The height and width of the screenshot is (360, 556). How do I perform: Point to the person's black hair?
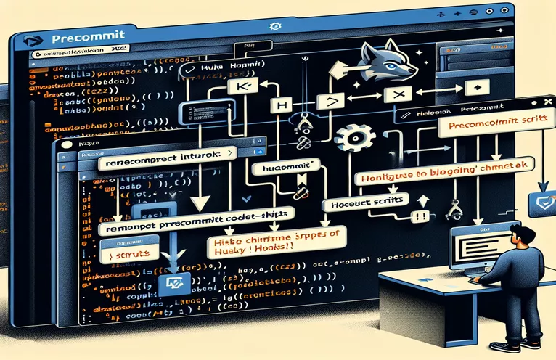[x=520, y=234]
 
